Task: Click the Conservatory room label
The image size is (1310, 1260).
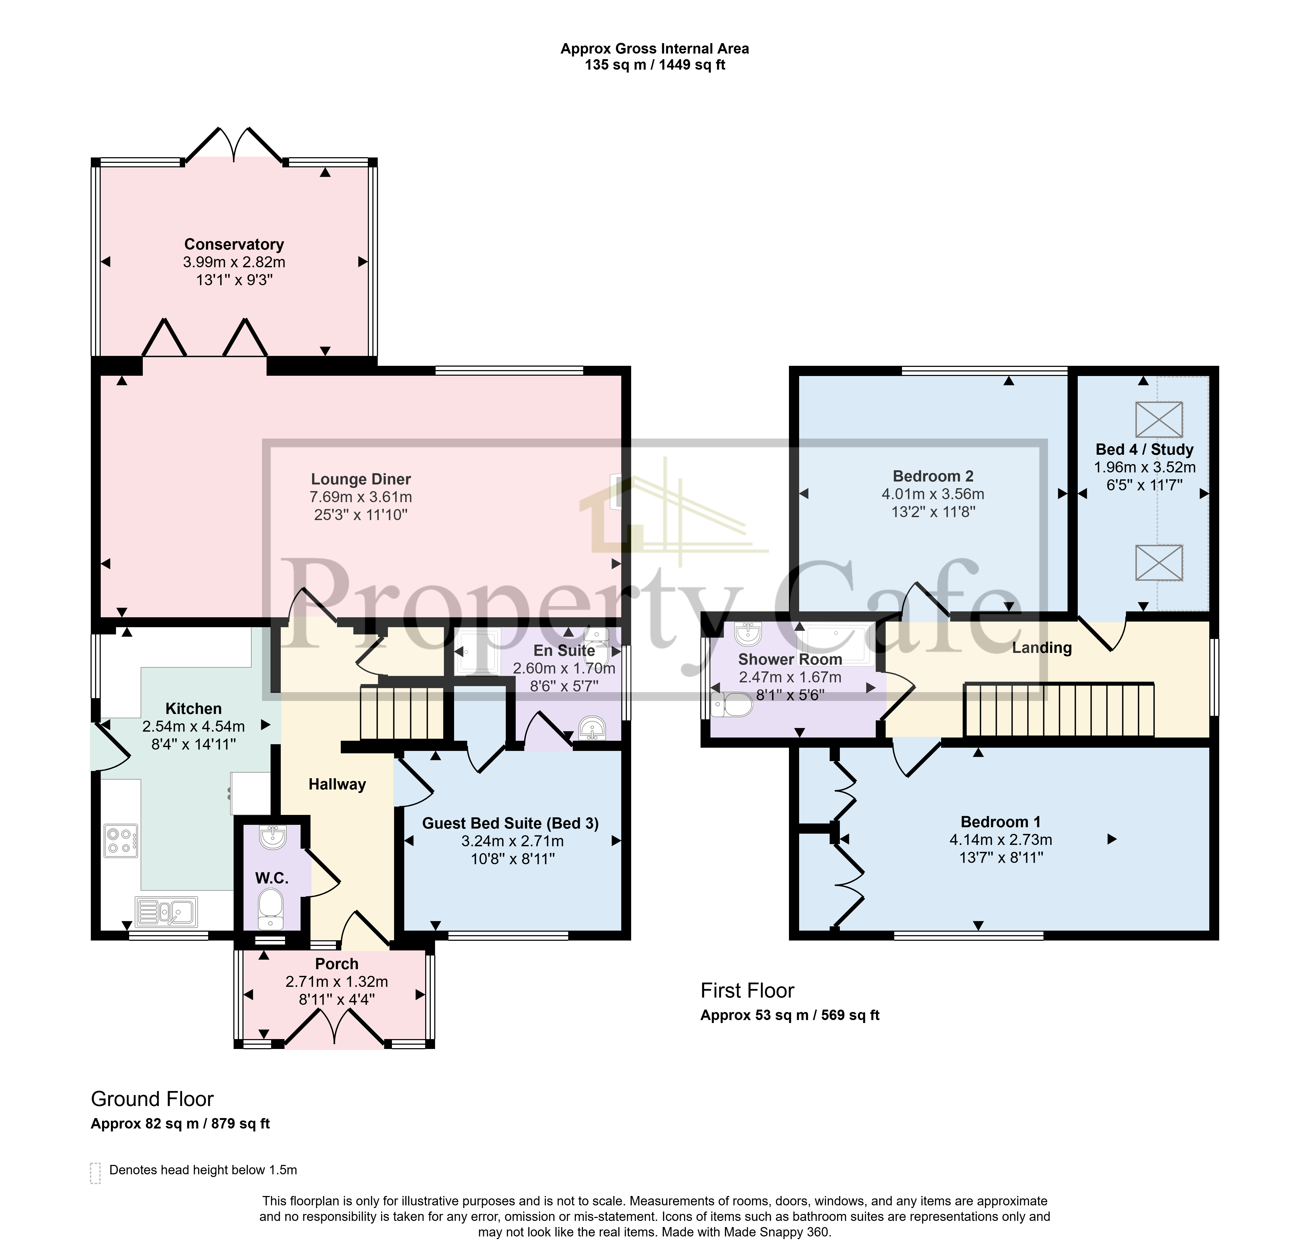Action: [234, 245]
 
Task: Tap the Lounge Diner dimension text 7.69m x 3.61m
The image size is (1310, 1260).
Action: [361, 497]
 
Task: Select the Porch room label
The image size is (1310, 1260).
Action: [337, 964]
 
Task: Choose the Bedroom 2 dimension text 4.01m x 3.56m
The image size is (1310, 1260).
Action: [933, 494]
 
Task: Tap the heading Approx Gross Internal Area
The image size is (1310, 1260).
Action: [655, 49]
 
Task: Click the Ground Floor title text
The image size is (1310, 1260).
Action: [152, 1099]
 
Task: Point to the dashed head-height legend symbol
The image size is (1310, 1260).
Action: [96, 1173]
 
